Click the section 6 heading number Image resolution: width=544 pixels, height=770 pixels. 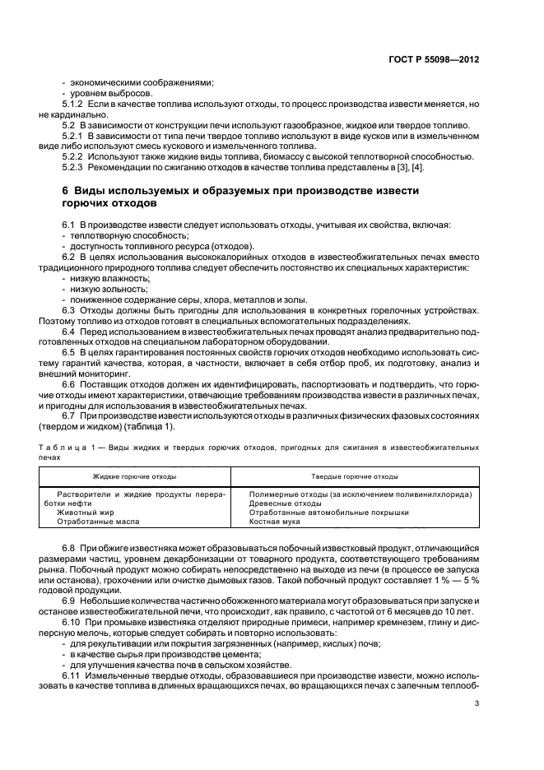tap(66, 190)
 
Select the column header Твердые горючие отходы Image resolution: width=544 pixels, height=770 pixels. tap(355, 476)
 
